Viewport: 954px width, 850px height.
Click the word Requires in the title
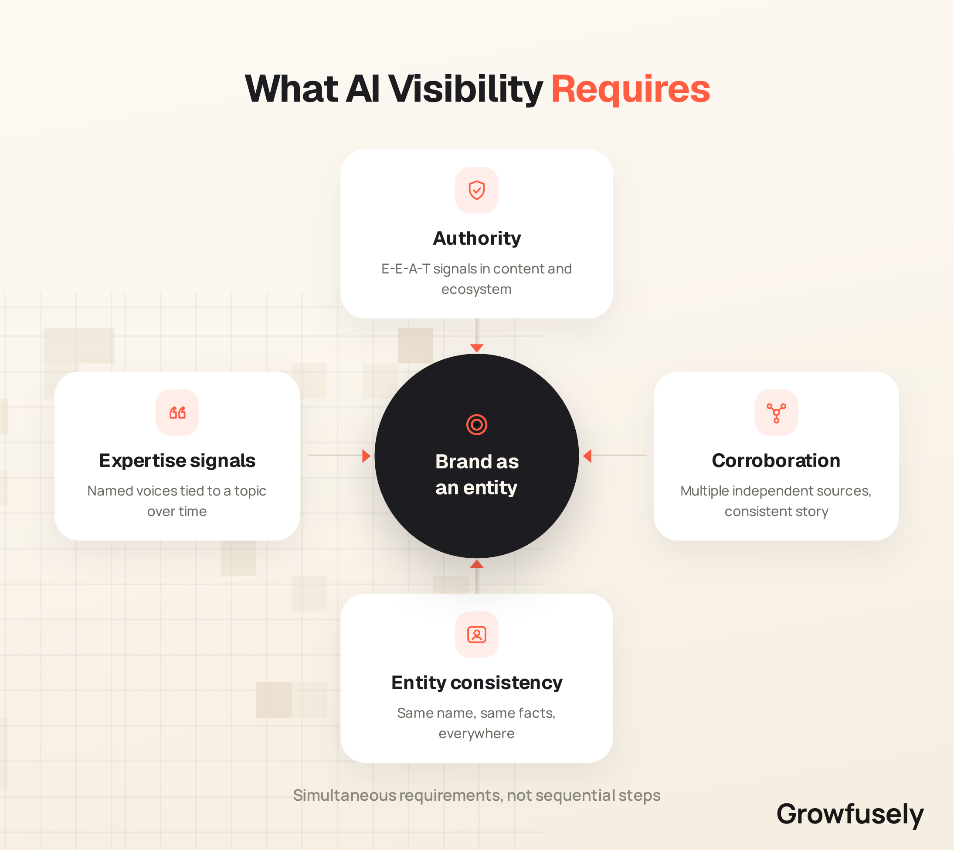pos(631,90)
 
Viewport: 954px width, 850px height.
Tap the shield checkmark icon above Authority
pos(476,190)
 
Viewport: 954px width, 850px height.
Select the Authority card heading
pos(476,238)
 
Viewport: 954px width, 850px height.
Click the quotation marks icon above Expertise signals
pos(177,413)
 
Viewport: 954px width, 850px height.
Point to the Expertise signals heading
pos(177,461)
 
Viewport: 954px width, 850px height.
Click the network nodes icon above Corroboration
pos(776,413)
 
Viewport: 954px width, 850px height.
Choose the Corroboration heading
pos(776,461)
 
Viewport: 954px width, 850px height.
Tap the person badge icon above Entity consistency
pos(476,634)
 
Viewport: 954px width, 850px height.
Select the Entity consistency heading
pos(476,683)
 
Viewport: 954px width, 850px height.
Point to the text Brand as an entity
pos(476,474)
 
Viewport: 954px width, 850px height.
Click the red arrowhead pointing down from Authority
pos(476,348)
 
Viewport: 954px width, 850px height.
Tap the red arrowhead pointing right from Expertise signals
pos(367,456)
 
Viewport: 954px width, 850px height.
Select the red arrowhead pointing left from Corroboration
pos(587,456)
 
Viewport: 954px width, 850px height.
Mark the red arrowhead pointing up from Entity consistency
pos(476,564)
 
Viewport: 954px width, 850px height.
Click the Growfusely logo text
pos(850,814)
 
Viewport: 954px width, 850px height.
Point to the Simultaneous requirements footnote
pos(476,795)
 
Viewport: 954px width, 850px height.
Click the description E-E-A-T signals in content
pos(476,279)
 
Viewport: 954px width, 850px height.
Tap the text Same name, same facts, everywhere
pos(476,723)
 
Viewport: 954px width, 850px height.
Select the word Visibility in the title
pos(465,90)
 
